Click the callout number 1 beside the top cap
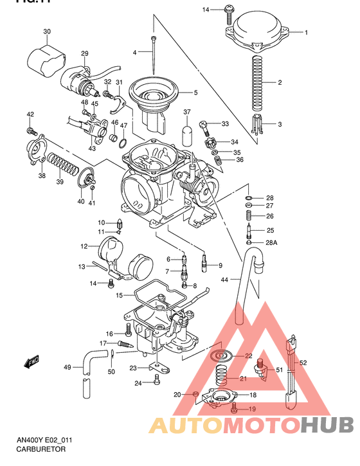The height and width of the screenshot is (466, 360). [x=306, y=32]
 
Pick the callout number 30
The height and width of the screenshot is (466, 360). [x=47, y=31]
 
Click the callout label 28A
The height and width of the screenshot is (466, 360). [x=271, y=242]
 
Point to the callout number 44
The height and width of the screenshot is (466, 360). [x=225, y=280]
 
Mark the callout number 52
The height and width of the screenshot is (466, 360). [x=303, y=363]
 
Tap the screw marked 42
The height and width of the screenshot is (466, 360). [x=30, y=130]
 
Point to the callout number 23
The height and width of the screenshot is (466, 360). [x=132, y=368]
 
